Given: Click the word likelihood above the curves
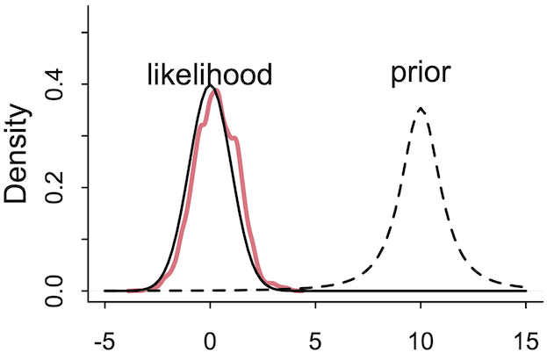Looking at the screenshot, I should [209, 75].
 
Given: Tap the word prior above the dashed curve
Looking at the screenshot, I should [421, 73].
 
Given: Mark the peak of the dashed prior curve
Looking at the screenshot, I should [421, 108].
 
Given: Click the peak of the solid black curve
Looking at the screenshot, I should [209, 86].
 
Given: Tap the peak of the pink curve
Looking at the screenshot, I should [215, 89].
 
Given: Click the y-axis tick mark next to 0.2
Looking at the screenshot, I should [83, 187].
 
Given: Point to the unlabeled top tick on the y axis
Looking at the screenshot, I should [83, 32].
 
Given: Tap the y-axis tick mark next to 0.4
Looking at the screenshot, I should [83, 84].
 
